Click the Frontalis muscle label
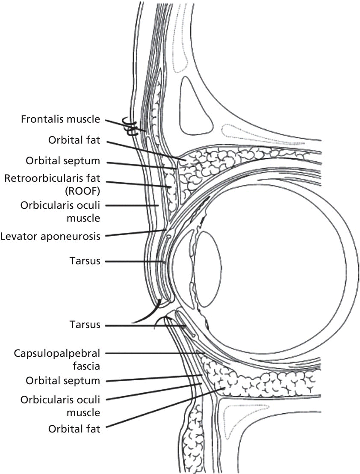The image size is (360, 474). click(x=60, y=119)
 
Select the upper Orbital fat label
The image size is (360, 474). click(x=76, y=141)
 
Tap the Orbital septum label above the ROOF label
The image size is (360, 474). click(x=63, y=162)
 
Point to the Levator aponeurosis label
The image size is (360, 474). click(x=50, y=236)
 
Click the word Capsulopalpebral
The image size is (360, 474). click(x=57, y=353)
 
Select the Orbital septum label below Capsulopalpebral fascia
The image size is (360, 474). click(x=63, y=380)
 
